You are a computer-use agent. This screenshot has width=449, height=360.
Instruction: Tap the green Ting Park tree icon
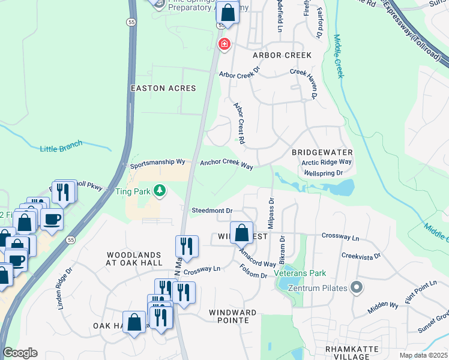(x=159, y=191)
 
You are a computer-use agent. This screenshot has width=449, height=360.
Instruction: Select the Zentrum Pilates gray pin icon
(x=357, y=287)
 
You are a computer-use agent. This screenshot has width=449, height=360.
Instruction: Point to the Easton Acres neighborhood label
(x=163, y=88)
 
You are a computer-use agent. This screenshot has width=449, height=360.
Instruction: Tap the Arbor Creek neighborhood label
(x=282, y=55)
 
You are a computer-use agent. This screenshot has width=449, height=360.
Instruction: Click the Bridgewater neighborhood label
(x=322, y=152)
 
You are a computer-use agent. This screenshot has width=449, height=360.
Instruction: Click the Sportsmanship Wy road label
(x=160, y=163)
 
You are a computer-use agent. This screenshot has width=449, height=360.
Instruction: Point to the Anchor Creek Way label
(x=226, y=163)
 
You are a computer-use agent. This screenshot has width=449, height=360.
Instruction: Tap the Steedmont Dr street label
(x=212, y=211)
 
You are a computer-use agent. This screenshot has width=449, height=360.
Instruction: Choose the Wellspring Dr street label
(x=323, y=173)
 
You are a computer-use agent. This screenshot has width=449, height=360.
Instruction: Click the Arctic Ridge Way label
(x=327, y=162)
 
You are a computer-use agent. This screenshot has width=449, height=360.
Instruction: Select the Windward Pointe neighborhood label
(x=232, y=316)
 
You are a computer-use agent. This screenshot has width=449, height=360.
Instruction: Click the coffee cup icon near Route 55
(x=52, y=220)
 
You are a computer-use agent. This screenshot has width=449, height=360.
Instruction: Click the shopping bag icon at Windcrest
(x=241, y=232)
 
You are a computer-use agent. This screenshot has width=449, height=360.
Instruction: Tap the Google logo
(x=20, y=353)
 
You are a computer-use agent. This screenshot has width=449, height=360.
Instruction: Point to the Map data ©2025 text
(x=423, y=355)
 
